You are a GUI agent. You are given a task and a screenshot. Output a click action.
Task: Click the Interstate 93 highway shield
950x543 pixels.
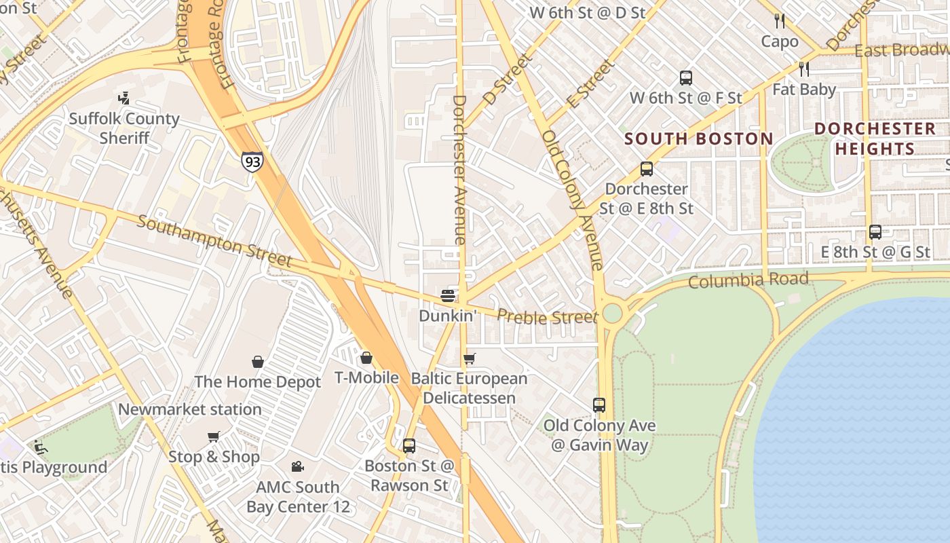pyautogui.click(x=251, y=161)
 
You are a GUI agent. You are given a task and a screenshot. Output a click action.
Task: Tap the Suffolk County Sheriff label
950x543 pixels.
pyautogui.click(x=124, y=128)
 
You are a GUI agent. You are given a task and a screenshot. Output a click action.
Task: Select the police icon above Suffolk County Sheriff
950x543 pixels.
pyautogui.click(x=123, y=99)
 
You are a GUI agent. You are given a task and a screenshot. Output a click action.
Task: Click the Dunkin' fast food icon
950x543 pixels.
pyautogui.click(x=447, y=295)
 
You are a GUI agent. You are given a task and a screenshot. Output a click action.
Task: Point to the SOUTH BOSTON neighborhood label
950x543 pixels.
pyautogui.click(x=698, y=139)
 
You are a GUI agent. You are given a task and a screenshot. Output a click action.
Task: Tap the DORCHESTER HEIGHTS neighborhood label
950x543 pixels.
pyautogui.click(x=875, y=138)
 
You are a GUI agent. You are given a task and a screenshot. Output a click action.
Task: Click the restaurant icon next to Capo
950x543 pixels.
pyautogui.click(x=780, y=21)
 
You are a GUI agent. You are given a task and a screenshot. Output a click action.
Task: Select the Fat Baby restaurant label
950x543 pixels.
pyautogui.click(x=804, y=89)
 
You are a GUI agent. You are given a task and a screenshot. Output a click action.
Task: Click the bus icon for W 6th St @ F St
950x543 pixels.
pyautogui.click(x=686, y=78)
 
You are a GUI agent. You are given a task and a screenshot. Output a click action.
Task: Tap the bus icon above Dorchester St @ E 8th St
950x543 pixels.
pyautogui.click(x=647, y=169)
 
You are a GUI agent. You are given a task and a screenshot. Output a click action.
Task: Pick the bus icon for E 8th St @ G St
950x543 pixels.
pyautogui.click(x=875, y=232)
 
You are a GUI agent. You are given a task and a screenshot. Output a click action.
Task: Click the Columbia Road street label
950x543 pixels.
pyautogui.click(x=748, y=280)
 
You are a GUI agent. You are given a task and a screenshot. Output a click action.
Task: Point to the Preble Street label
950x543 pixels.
pyautogui.click(x=547, y=317)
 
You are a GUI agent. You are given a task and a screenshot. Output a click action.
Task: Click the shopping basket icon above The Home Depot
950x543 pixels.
pyautogui.click(x=258, y=362)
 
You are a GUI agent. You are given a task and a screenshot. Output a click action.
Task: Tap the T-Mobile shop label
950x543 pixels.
pyautogui.click(x=366, y=377)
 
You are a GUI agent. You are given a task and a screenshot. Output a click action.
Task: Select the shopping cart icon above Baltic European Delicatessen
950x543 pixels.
pyautogui.click(x=469, y=358)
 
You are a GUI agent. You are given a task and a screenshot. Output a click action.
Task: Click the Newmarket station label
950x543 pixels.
pyautogui.click(x=189, y=409)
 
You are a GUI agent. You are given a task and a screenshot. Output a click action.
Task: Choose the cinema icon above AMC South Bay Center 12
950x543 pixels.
pyautogui.click(x=297, y=466)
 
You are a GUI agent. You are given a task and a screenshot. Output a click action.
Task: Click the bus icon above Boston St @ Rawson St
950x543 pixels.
pyautogui.click(x=409, y=446)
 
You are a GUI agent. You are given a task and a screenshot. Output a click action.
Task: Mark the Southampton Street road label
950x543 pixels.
pyautogui.click(x=214, y=242)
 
